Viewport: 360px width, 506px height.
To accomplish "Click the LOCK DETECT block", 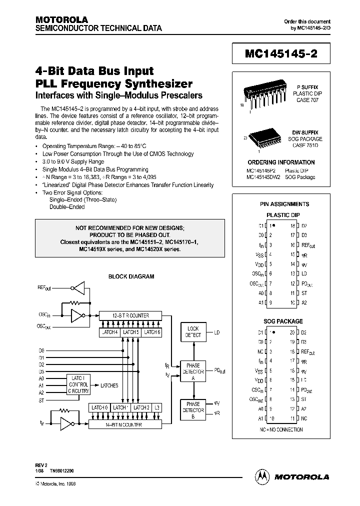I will coord(193,332).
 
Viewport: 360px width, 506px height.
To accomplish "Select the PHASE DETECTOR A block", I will coord(193,371).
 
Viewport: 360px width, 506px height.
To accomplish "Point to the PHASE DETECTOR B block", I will coord(193,410).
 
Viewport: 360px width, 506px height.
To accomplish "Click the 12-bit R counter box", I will coord(131,315).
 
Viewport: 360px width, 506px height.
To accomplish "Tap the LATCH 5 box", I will coord(131,332).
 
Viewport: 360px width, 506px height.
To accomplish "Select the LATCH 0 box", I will coord(99,407).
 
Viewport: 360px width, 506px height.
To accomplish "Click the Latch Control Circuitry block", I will coord(78,385).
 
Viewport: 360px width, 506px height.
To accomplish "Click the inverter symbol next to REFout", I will coord(78,288).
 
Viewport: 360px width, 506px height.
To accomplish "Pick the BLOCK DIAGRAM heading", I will coord(131,276).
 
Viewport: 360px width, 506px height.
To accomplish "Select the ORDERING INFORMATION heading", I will coord(281,162).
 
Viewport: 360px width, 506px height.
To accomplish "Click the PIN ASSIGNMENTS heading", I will coord(284,204).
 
